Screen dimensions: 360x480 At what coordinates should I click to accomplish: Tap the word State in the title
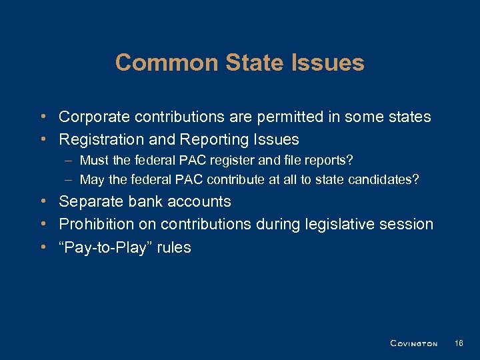250,63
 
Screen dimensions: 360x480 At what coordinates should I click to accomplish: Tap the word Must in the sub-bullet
95,160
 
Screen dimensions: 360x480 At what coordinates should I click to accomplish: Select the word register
237,160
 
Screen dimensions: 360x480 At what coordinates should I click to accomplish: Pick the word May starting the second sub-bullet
93,179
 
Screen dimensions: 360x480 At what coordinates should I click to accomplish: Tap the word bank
142,201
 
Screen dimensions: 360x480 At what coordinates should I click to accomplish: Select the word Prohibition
95,224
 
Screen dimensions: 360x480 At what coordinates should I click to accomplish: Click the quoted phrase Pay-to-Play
105,247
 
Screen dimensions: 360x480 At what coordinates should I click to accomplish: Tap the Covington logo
413,343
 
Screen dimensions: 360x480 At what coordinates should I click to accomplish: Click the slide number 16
458,343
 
